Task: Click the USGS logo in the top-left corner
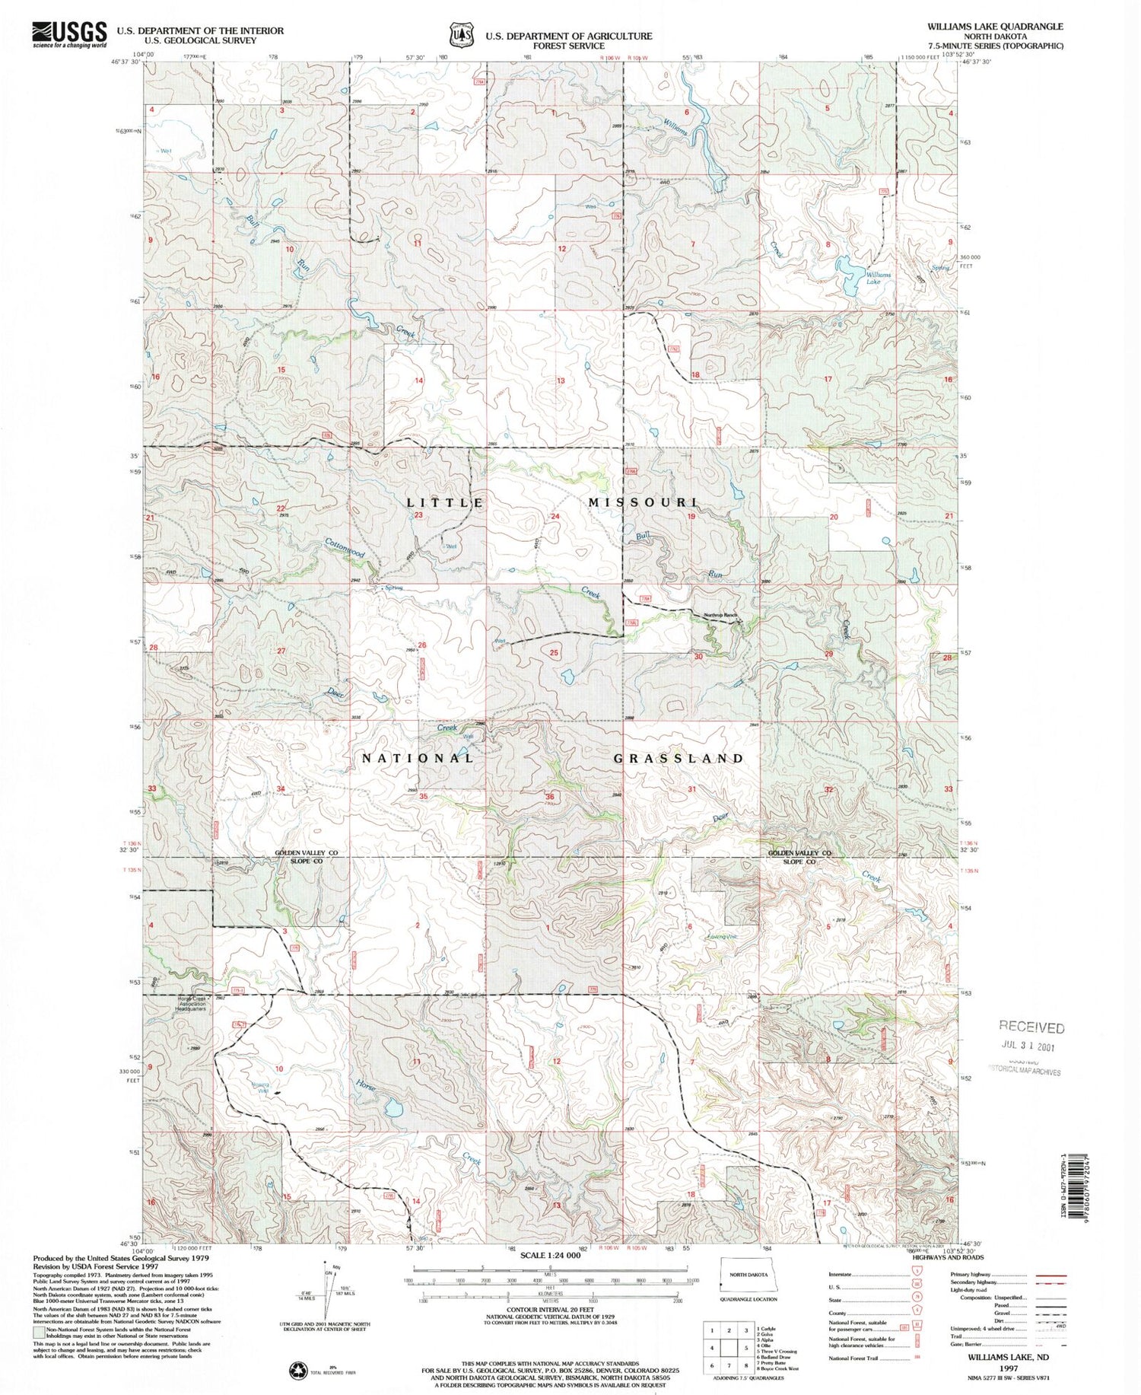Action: (68, 34)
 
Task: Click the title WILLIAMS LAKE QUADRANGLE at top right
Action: (995, 26)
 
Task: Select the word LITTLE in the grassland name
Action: (445, 503)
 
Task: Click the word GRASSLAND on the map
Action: (679, 759)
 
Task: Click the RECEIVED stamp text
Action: (1031, 1027)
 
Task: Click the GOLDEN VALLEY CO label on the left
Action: (306, 853)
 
